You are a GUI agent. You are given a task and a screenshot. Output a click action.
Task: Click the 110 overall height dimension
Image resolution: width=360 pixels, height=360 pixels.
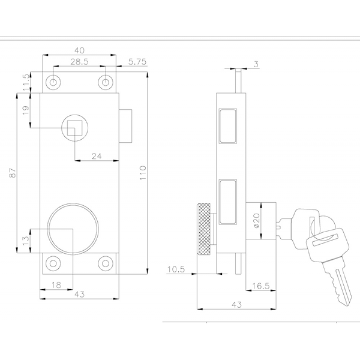click(x=143, y=173)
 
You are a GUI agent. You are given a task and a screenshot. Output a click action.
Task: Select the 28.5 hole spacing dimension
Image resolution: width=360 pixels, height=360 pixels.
click(x=79, y=62)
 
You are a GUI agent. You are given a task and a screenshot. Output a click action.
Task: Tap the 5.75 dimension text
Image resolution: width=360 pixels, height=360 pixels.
click(x=137, y=62)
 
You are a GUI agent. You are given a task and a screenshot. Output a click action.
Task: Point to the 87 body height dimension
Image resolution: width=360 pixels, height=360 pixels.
click(x=13, y=173)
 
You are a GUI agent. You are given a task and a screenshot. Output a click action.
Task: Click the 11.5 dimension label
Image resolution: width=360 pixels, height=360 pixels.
click(x=26, y=82)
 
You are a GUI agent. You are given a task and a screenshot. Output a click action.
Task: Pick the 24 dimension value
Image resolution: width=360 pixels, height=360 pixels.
click(x=97, y=157)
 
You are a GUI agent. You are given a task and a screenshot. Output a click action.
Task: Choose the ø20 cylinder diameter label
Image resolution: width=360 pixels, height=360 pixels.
click(x=257, y=221)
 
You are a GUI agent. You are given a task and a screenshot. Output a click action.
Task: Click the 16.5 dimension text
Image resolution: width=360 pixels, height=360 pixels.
click(x=260, y=286)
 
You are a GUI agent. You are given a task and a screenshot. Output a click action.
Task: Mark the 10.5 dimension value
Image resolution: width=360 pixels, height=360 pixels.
click(x=176, y=269)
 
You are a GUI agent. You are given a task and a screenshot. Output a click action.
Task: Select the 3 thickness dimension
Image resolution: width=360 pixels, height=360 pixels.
click(x=256, y=64)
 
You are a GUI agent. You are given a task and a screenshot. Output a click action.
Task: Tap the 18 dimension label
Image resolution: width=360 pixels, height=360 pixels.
click(x=56, y=285)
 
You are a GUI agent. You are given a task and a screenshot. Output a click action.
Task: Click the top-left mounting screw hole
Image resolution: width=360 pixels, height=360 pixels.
click(x=53, y=82)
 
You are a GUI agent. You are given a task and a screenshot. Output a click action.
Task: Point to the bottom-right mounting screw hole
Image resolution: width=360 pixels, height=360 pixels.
click(x=106, y=263)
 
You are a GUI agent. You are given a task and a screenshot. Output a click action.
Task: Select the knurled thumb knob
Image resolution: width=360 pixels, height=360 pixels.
click(x=205, y=229)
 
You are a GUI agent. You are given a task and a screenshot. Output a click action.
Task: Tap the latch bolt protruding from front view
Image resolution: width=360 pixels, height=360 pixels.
click(x=125, y=126)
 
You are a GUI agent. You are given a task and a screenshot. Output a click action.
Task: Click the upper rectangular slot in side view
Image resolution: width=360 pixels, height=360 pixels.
click(x=228, y=126)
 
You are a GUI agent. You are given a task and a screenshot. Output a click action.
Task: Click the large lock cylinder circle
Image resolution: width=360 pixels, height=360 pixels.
click(x=73, y=229)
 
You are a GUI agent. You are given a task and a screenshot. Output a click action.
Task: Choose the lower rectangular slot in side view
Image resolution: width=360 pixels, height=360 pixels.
click(x=228, y=202)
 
